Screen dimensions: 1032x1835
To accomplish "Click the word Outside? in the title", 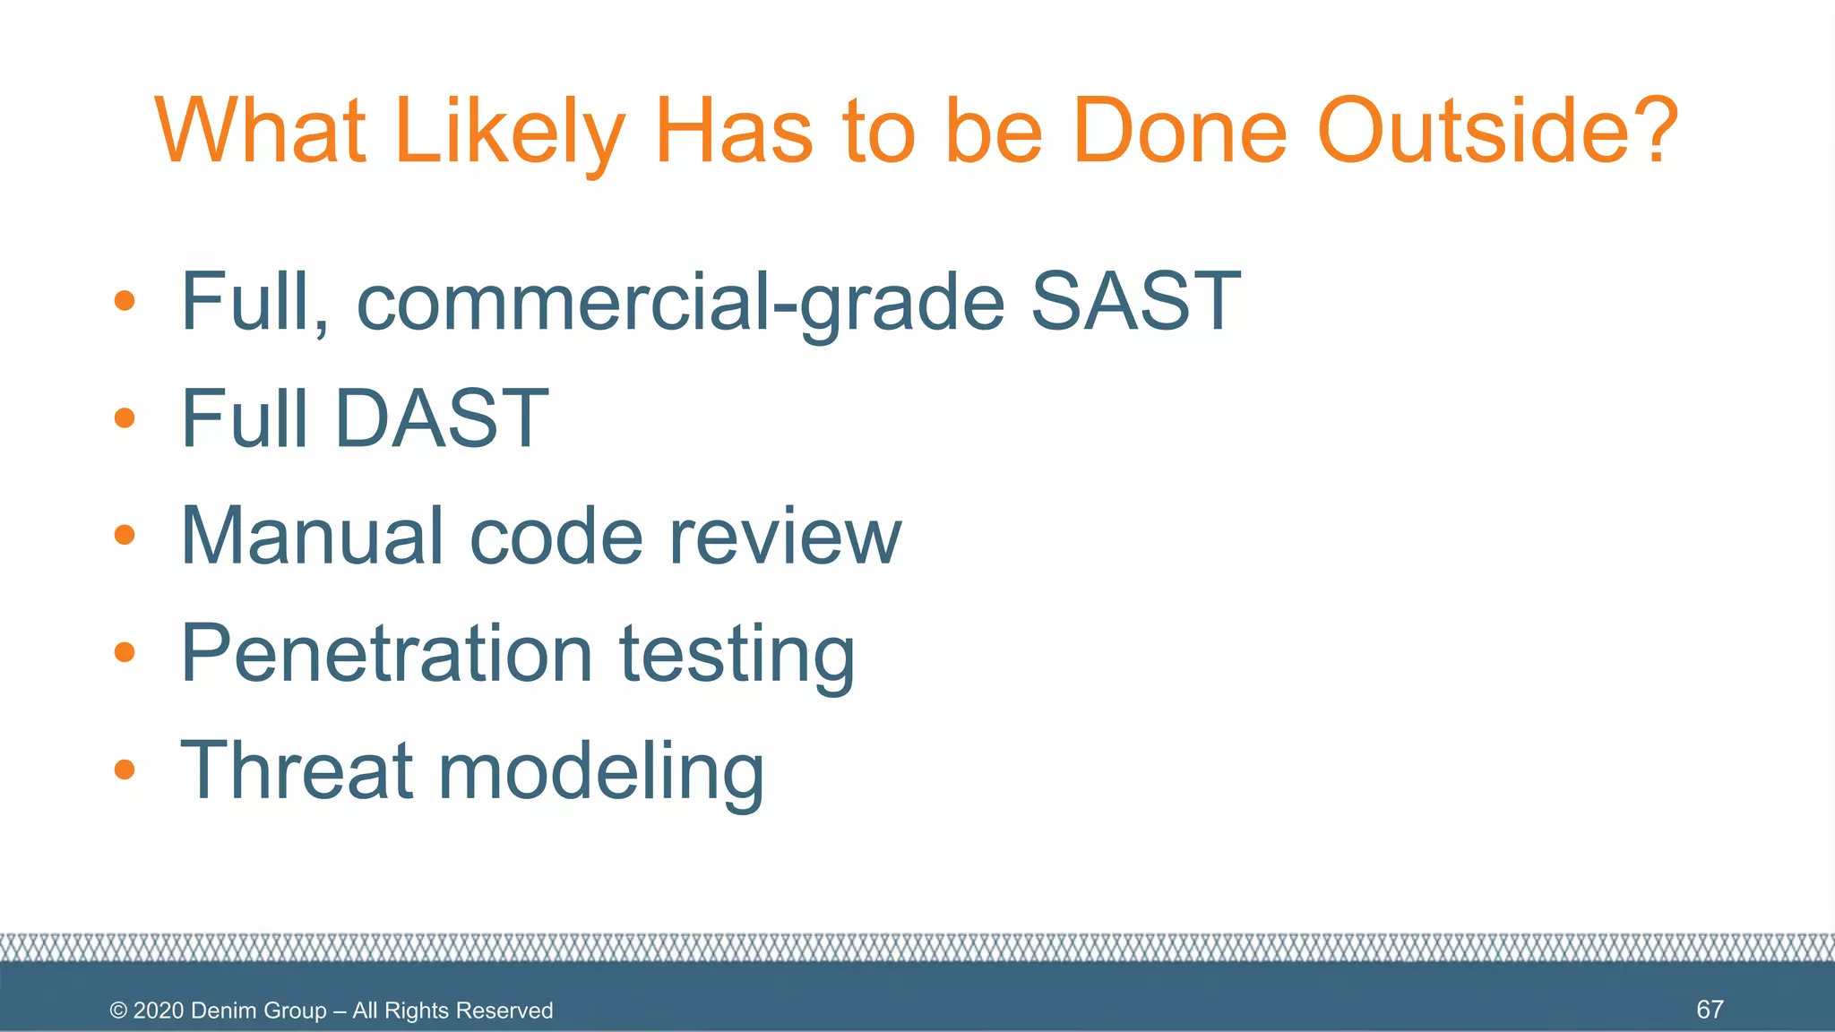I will pos(1498,132).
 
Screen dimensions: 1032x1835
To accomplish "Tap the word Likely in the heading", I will pos(508,132).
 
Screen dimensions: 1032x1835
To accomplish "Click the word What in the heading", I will pos(261,132).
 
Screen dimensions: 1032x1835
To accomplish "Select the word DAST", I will pos(441,418).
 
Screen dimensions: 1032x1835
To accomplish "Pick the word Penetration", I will pos(386,653).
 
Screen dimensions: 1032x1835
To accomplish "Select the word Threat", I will pos(296,770).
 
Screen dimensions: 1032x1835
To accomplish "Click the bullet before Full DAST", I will pos(125,417).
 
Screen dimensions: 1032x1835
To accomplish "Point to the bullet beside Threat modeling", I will pos(125,770).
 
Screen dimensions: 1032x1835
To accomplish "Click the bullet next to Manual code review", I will pos(125,535).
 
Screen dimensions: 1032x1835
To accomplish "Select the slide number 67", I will pos(1710,1010).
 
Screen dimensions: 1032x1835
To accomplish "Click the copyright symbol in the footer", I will pos(118,1010).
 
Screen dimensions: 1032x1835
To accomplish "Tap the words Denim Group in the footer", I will pos(259,1010).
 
